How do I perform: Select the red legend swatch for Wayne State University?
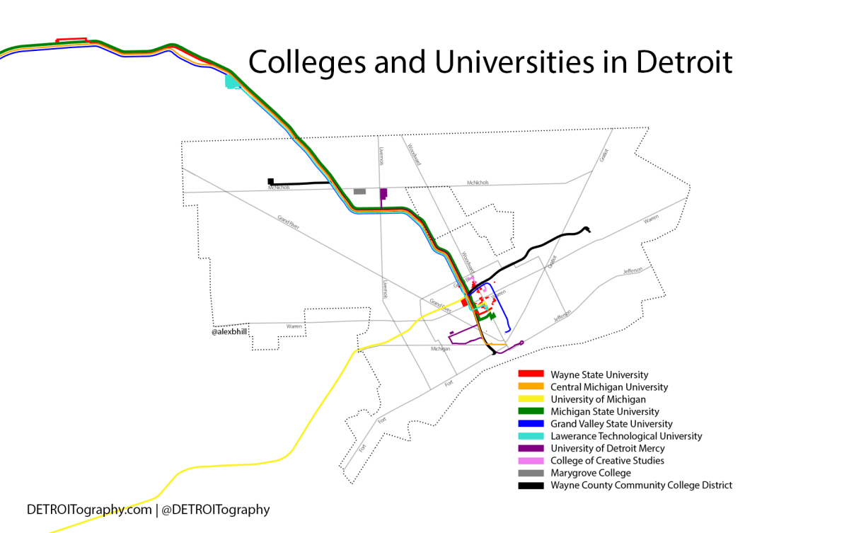[531, 374]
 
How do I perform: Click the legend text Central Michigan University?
[609, 387]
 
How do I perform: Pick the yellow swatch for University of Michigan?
[531, 399]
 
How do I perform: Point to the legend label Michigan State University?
[605, 411]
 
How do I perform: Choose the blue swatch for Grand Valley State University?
[531, 423]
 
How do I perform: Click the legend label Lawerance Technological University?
[626, 436]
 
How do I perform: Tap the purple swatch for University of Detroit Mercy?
[531, 448]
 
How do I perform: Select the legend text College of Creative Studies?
[607, 461]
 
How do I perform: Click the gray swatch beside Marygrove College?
[531, 473]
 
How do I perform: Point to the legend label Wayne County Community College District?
[641, 485]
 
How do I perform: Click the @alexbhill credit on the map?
[229, 331]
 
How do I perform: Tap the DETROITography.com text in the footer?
[89, 510]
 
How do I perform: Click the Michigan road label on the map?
[441, 349]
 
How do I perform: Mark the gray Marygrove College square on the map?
[359, 191]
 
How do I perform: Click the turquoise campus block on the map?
[231, 81]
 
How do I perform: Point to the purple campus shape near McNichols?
[383, 194]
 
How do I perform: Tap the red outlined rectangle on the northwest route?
[71, 40]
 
